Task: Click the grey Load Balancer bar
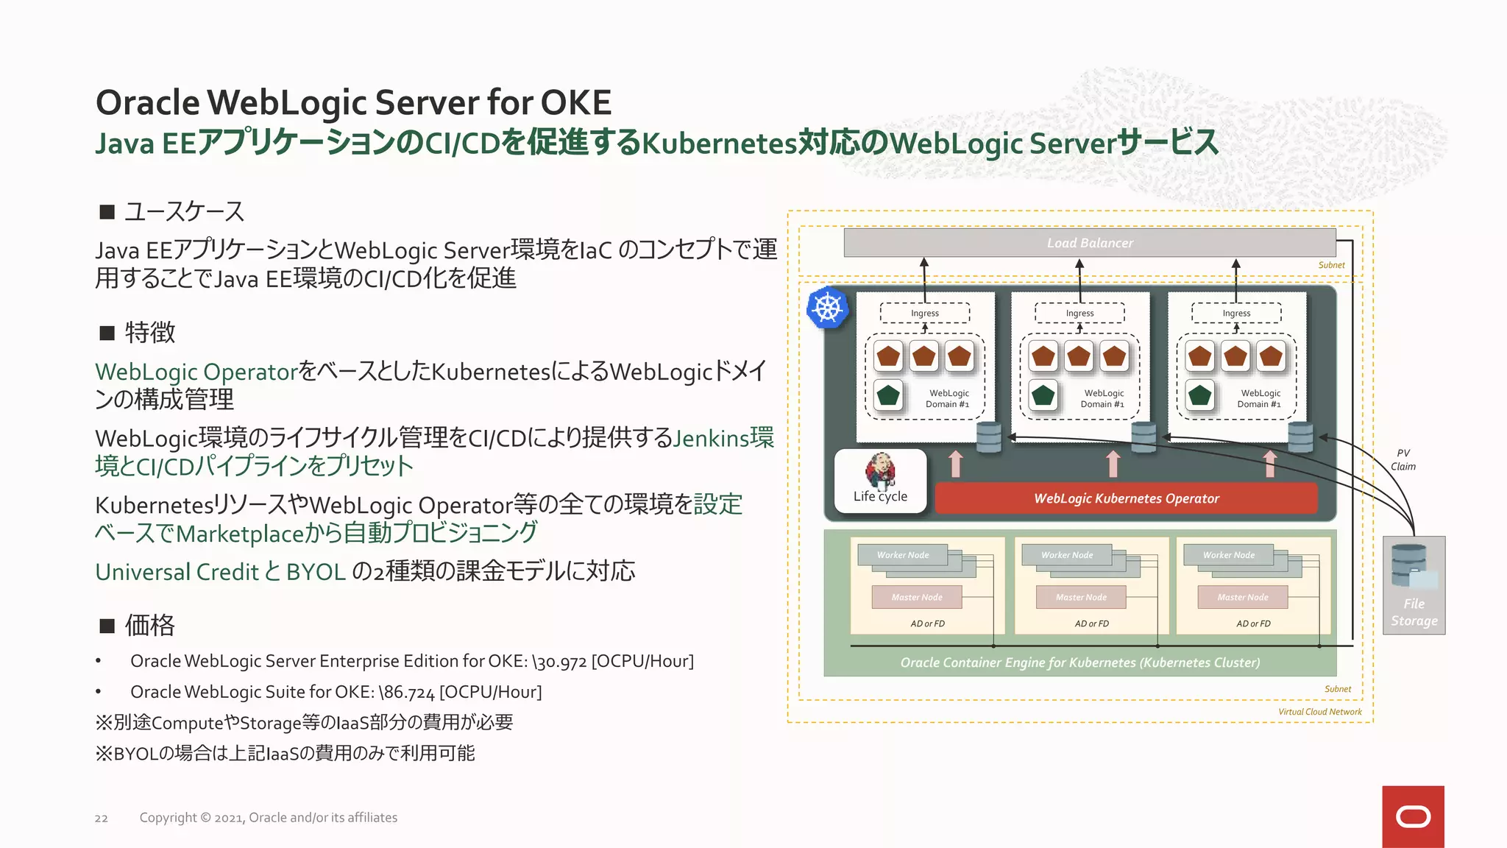(x=1089, y=243)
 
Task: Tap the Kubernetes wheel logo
(x=827, y=308)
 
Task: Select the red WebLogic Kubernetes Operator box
(x=1126, y=498)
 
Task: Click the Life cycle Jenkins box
(x=880, y=481)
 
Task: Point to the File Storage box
(x=1414, y=585)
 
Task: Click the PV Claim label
(x=1403, y=460)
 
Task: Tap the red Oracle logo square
(x=1413, y=816)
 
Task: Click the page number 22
(x=101, y=819)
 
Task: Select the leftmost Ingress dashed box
(x=924, y=313)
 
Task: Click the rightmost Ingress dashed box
(x=1236, y=313)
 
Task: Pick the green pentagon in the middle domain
(x=1043, y=395)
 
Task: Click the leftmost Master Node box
(x=916, y=597)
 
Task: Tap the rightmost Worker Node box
(x=1228, y=555)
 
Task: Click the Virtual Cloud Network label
(x=1319, y=712)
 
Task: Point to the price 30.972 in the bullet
(x=560, y=662)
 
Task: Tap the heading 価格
(x=149, y=626)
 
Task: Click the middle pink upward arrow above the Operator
(x=1113, y=464)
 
